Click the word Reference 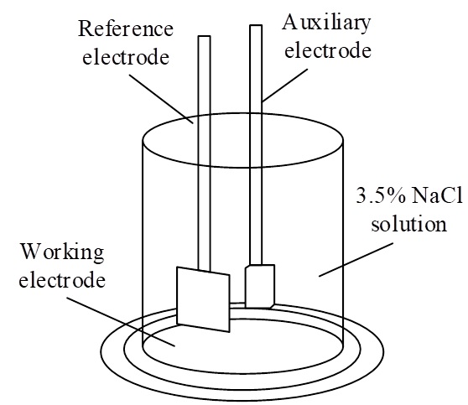pos(126,29)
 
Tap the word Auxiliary pos(326,23)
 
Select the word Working pos(62,252)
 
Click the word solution pos(408,224)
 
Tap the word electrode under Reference pos(126,57)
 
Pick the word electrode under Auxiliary pos(327,49)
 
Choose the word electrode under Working pos(62,280)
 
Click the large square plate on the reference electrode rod pos(203,299)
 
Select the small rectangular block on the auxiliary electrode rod pos(260,286)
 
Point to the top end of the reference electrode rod pos(204,36)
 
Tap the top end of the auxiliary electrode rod pos(256,26)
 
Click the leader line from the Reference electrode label pos(162,98)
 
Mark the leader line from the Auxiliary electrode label pos(284,86)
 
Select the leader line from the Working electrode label pos(121,321)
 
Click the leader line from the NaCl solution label pos(356,260)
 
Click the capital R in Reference pos(85,29)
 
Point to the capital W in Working pos(31,252)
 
